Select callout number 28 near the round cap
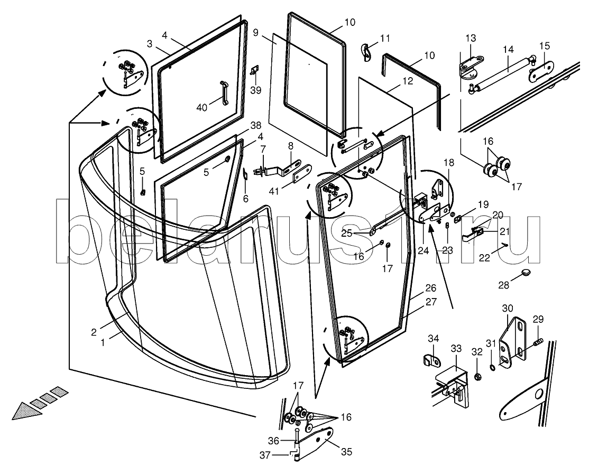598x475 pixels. click(x=503, y=285)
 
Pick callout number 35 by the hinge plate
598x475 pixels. click(x=347, y=452)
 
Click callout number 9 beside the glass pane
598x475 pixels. click(x=255, y=33)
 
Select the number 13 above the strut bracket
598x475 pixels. click(x=471, y=38)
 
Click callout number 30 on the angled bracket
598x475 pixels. click(x=508, y=308)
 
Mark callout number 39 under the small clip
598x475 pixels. click(x=256, y=90)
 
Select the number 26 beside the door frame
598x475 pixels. click(x=431, y=288)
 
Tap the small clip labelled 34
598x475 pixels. click(x=433, y=361)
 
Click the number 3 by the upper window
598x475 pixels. click(x=150, y=43)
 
